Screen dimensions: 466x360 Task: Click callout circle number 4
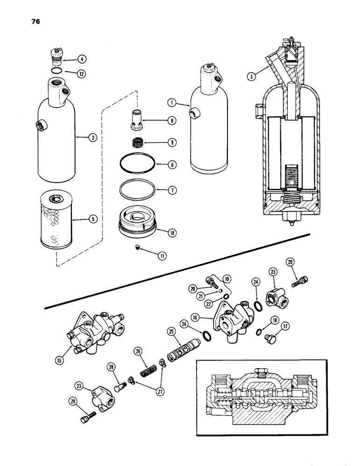click(x=81, y=59)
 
